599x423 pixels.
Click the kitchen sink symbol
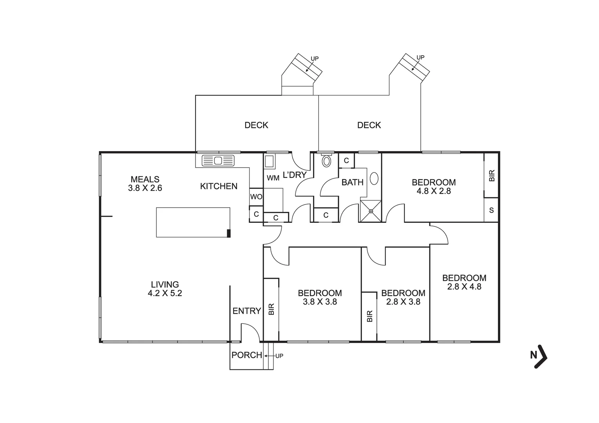[218, 161]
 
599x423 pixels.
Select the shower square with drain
[371, 211]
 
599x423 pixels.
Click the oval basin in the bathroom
[375, 179]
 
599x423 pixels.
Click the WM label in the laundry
[273, 178]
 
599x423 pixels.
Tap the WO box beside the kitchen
[256, 197]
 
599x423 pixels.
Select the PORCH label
[246, 355]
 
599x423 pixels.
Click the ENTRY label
[246, 311]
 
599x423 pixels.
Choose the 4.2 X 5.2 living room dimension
[165, 293]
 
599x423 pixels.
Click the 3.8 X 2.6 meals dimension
[145, 188]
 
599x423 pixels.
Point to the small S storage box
[491, 210]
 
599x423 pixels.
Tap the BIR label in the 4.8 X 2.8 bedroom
[492, 175]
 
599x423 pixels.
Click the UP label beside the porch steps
[279, 356]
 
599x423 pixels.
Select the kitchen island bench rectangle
[193, 222]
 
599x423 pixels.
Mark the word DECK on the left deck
[256, 125]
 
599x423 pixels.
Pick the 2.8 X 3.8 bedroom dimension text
[403, 302]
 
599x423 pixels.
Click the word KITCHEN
[219, 186]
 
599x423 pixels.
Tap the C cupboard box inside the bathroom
[346, 161]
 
